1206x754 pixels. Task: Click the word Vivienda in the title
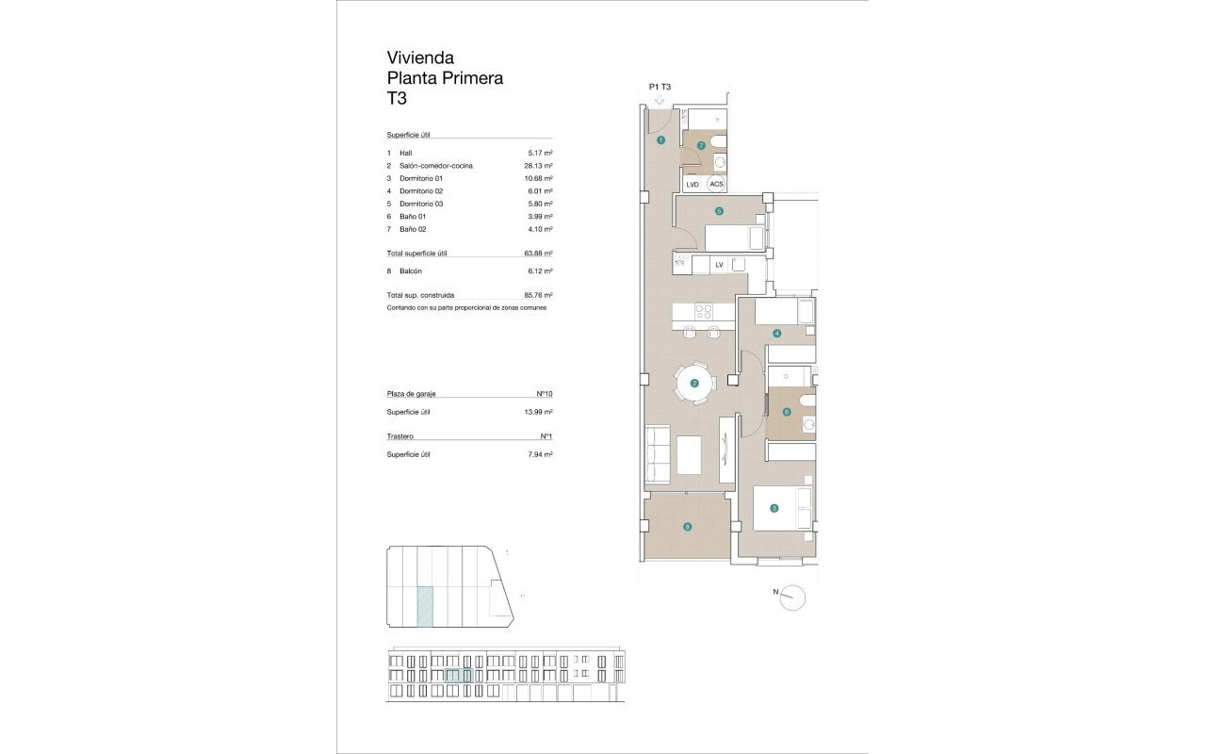(x=420, y=57)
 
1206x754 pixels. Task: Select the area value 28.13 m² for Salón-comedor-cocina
(x=537, y=166)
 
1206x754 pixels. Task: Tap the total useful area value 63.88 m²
(x=537, y=254)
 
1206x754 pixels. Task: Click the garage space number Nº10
(x=543, y=394)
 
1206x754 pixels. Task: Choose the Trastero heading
(x=400, y=436)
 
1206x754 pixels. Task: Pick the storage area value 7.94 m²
(x=540, y=454)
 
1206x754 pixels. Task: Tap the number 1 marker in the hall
(x=661, y=140)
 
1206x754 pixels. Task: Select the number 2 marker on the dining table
(x=694, y=384)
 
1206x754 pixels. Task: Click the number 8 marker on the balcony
(x=687, y=527)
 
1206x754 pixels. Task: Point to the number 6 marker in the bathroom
(x=786, y=411)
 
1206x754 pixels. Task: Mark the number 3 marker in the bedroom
(x=774, y=509)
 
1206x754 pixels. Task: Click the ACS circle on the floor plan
(x=716, y=185)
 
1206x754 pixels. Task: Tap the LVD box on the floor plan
(x=693, y=185)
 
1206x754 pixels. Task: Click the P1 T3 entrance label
(x=660, y=87)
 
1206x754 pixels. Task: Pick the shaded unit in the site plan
(x=426, y=606)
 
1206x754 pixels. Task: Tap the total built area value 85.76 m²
(x=537, y=295)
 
